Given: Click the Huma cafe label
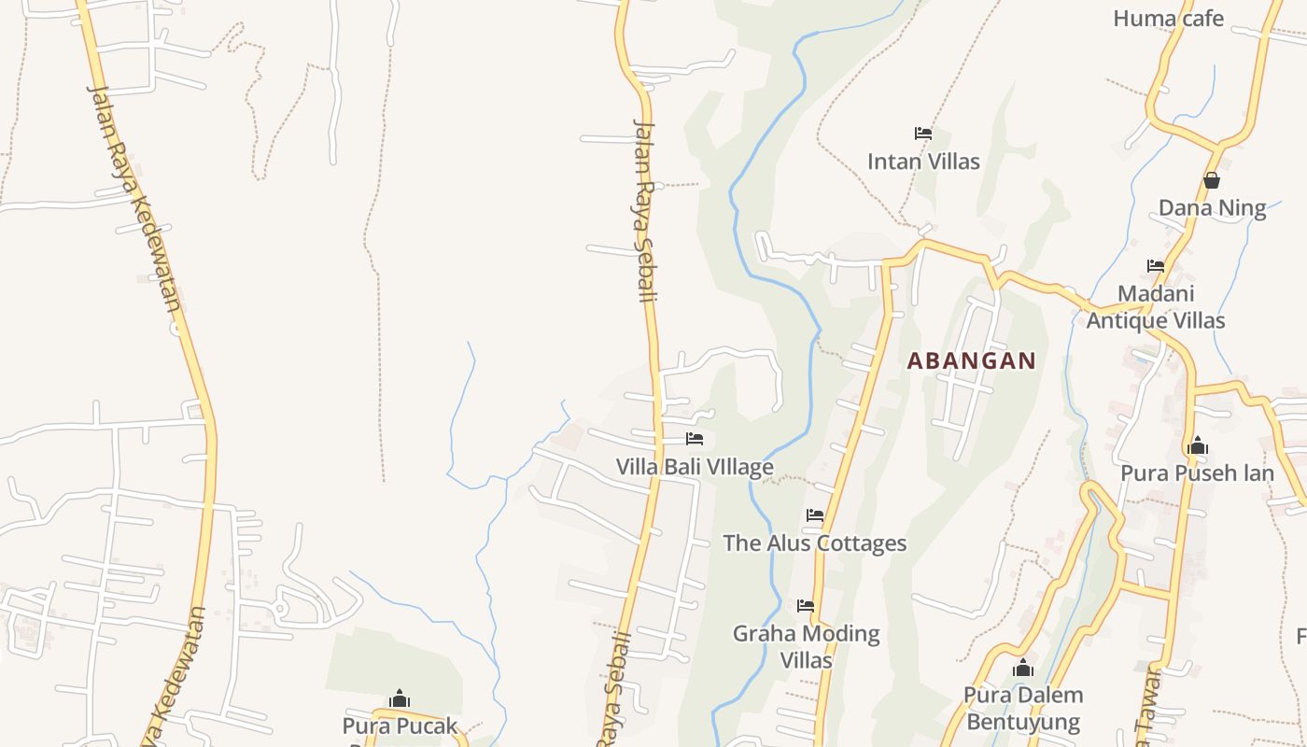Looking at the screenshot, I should click(x=1168, y=18).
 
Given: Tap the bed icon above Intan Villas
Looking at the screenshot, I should click(x=923, y=134).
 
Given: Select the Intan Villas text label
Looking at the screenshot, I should click(x=923, y=162).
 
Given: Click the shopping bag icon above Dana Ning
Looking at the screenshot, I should click(x=1212, y=180).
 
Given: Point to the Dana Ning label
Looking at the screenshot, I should click(x=1212, y=208).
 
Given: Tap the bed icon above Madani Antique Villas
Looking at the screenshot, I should click(x=1156, y=266).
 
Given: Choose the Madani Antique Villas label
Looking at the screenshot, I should click(x=1156, y=307).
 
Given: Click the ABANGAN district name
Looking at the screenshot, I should click(x=972, y=361).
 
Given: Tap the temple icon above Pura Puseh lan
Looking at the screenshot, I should click(x=1197, y=445).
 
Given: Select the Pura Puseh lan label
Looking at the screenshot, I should click(x=1197, y=473).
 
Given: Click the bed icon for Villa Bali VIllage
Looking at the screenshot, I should click(x=695, y=439).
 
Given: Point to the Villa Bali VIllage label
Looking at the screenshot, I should click(x=695, y=467).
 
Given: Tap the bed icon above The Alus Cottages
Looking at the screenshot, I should click(x=815, y=515).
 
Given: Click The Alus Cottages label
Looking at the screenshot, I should click(x=815, y=543).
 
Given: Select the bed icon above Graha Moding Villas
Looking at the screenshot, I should click(x=806, y=606).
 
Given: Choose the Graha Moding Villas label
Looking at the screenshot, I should click(x=806, y=647).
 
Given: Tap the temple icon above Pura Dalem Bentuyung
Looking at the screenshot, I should click(x=1023, y=668).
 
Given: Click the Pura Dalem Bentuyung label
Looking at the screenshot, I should click(x=1023, y=709).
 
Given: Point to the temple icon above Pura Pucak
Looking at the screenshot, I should click(x=400, y=698).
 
